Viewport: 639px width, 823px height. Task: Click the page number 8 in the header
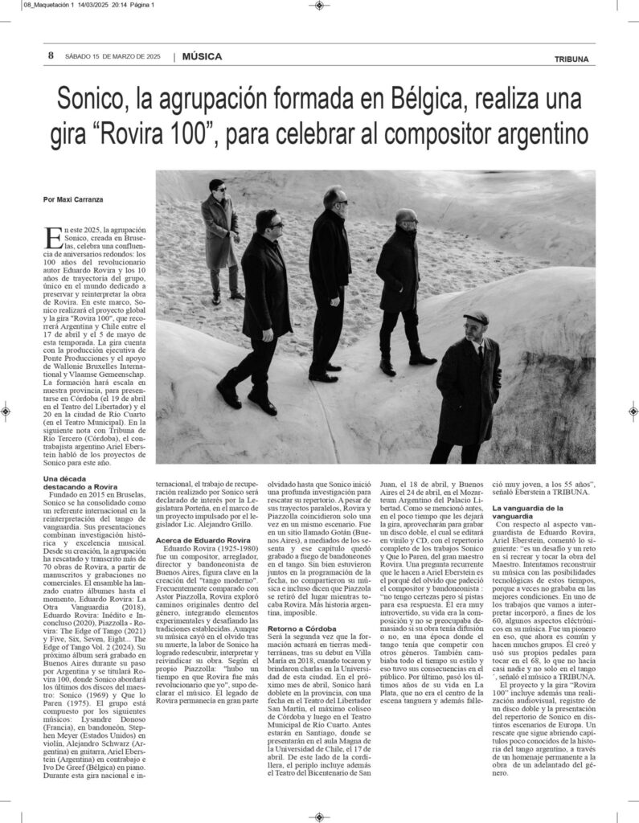(50, 56)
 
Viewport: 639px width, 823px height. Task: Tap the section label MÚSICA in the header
(202, 57)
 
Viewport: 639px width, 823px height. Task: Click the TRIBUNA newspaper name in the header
(571, 59)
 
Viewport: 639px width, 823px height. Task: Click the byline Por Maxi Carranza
(73, 199)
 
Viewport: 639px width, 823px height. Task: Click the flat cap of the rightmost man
(476, 317)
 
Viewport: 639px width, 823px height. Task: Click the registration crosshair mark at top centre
(319, 6)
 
